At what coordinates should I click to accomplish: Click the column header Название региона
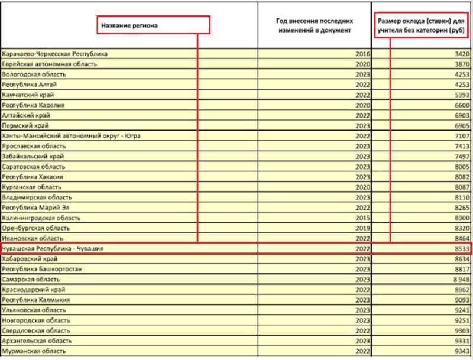click(x=129, y=26)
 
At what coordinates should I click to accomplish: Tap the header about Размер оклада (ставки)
click(x=421, y=25)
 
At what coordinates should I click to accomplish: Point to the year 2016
click(x=362, y=54)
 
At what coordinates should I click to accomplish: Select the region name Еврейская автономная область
click(x=50, y=64)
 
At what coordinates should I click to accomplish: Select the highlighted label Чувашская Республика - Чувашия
click(x=53, y=249)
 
